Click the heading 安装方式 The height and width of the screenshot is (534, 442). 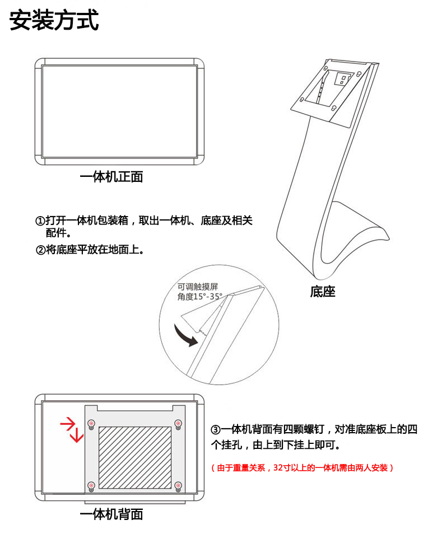pyautogui.click(x=54, y=21)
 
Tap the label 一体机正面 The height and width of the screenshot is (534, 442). pyautogui.click(x=111, y=177)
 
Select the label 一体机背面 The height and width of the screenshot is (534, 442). pyautogui.click(x=111, y=514)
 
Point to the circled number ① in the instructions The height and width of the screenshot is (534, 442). pyautogui.click(x=40, y=221)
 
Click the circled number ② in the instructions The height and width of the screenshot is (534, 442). pyautogui.click(x=40, y=250)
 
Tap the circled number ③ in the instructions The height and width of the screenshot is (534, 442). pyautogui.click(x=216, y=430)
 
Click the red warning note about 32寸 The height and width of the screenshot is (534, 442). pyautogui.click(x=303, y=467)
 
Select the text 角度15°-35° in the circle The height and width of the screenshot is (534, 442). pyautogui.click(x=200, y=297)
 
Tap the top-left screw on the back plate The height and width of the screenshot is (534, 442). pyautogui.click(x=91, y=422)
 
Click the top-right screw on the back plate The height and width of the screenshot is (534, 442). pyautogui.click(x=179, y=422)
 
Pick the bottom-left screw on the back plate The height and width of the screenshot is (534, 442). pyautogui.click(x=91, y=485)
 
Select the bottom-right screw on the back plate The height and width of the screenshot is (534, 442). pyautogui.click(x=179, y=485)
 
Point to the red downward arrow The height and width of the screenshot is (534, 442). pyautogui.click(x=77, y=434)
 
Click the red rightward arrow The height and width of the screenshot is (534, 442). pyautogui.click(x=68, y=423)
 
